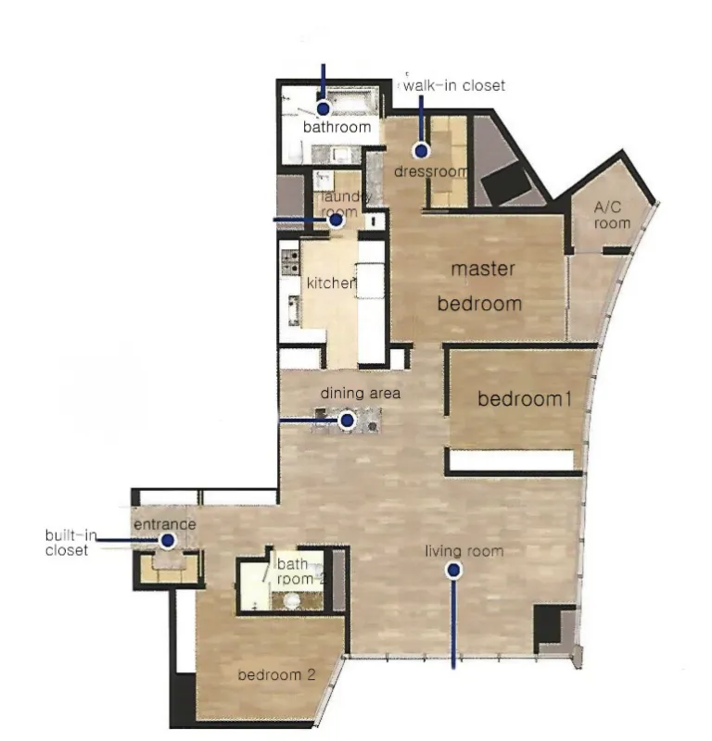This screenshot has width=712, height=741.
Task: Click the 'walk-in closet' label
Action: [x=454, y=85]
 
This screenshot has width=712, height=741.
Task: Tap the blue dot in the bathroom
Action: [x=324, y=109]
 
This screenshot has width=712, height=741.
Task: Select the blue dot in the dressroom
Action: [x=421, y=151]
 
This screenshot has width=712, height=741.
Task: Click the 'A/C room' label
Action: [x=612, y=215]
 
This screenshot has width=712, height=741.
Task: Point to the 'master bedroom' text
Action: [x=480, y=286]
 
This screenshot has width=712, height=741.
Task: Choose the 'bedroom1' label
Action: [x=525, y=399]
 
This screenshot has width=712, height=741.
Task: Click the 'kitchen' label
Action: [x=331, y=283]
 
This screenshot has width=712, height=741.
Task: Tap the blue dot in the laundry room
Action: [x=337, y=220]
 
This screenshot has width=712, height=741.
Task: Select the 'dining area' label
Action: [x=361, y=393]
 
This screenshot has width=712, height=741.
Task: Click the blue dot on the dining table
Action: [x=348, y=420]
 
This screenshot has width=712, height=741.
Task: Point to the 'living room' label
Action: [x=464, y=551]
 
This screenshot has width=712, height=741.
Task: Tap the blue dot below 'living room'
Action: [x=453, y=571]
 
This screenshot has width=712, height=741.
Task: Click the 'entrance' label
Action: [x=165, y=524]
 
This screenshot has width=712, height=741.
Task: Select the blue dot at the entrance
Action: [x=168, y=540]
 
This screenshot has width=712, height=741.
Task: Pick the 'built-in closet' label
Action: [x=70, y=543]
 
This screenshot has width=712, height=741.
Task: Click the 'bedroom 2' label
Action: [x=276, y=674]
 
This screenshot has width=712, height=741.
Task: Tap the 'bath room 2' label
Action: [x=300, y=571]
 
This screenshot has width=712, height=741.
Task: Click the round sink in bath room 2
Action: [x=292, y=600]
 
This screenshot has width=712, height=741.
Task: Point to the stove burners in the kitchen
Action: [x=290, y=262]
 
